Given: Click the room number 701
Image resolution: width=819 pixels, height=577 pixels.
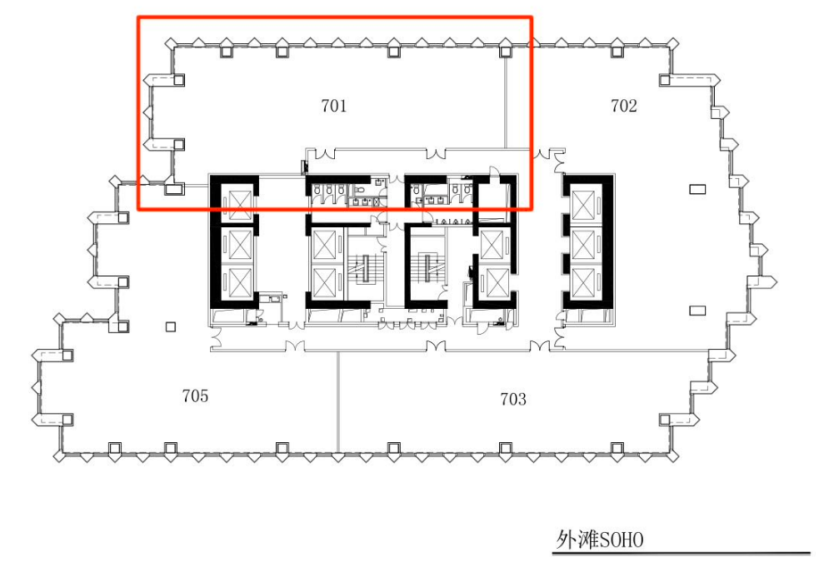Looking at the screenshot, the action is [x=334, y=106].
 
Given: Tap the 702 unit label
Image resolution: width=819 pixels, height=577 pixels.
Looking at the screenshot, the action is [x=624, y=106].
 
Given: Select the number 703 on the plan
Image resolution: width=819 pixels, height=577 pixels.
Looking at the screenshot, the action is [x=513, y=400].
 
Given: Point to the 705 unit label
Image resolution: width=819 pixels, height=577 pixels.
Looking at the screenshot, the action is [x=195, y=395].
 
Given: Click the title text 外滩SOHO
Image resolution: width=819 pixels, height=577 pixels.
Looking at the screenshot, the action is [x=599, y=540].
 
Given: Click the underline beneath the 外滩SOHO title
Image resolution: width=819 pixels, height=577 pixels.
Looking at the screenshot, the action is [x=681, y=553].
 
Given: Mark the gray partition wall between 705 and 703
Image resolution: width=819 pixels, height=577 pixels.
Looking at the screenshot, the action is [x=338, y=401].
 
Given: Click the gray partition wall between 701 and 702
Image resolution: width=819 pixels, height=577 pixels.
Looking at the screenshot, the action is [x=505, y=102].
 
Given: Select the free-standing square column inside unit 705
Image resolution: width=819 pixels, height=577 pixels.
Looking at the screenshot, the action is [x=171, y=327].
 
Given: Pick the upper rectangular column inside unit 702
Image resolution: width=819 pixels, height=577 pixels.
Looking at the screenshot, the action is [x=697, y=189].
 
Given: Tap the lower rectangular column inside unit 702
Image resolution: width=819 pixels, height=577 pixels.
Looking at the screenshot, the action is [x=697, y=311].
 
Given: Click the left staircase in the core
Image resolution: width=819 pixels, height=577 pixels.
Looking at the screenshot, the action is [x=366, y=268].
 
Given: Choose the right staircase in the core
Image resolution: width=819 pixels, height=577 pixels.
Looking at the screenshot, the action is [x=428, y=268].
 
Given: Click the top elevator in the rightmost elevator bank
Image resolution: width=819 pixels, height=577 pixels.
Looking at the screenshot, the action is [x=583, y=204].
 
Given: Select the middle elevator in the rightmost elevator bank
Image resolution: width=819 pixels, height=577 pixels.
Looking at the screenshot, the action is [x=583, y=244].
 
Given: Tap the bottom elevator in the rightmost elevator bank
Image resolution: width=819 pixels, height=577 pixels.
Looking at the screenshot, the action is [x=583, y=283].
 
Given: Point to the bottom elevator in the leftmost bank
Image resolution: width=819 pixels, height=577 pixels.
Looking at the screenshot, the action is [x=240, y=283].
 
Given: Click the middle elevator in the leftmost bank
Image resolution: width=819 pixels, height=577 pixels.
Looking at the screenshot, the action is [x=240, y=244].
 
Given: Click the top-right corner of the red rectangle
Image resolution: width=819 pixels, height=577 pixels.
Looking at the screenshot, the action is [x=532, y=17].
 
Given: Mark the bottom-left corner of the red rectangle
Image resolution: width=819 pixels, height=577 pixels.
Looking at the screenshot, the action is [x=138, y=209].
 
